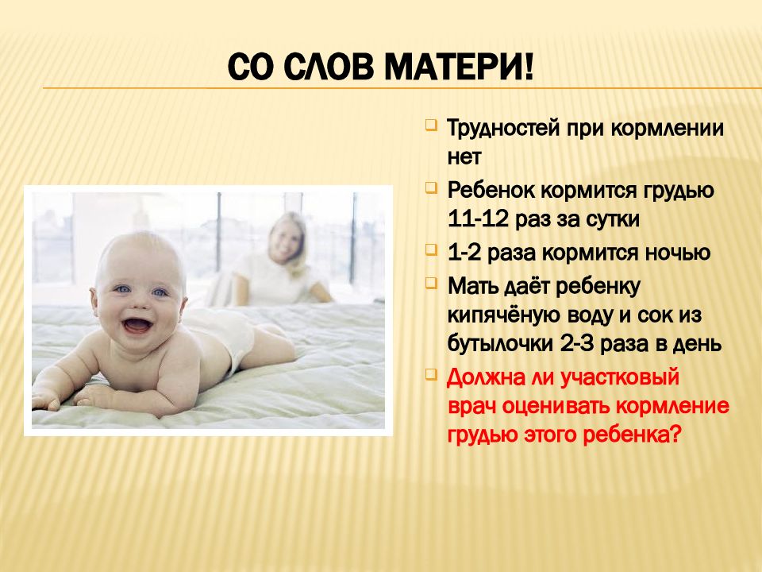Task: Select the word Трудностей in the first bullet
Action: [503, 129]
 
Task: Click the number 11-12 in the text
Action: [478, 219]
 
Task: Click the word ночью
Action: [677, 253]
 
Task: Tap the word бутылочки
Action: [501, 344]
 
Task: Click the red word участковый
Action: [620, 378]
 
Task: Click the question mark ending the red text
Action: [673, 434]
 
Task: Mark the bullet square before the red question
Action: [430, 374]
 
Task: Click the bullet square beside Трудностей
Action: [430, 125]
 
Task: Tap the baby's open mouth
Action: [137, 325]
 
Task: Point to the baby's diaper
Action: [229, 335]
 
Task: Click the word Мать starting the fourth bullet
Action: [472, 287]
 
